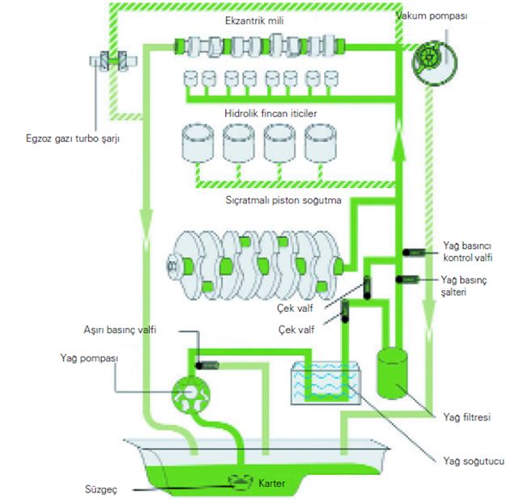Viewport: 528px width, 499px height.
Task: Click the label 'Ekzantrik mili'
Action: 254,21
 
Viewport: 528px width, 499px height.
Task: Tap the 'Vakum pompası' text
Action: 432,16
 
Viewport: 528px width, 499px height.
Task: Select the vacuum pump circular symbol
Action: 435,62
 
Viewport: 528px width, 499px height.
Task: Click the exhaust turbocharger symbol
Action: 113,61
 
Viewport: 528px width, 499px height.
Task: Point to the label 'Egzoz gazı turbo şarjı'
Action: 73,139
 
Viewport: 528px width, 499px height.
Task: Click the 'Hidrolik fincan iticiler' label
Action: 270,113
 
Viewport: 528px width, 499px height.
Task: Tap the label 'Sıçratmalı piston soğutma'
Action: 283,200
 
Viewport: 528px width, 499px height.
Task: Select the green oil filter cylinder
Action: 392,373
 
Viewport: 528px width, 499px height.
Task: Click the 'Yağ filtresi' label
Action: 466,417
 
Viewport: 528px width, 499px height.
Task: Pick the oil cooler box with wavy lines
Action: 326,383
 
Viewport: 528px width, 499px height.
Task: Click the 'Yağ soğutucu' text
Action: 474,461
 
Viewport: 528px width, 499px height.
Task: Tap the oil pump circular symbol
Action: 191,395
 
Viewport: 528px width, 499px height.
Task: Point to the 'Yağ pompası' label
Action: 89,358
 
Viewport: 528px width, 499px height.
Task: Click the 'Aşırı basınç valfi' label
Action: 120,330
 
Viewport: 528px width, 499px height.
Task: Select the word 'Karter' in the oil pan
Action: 271,483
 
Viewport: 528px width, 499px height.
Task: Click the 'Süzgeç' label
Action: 101,489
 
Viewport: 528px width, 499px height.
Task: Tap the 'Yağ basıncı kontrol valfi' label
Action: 467,252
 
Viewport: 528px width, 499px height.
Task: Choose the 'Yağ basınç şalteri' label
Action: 464,286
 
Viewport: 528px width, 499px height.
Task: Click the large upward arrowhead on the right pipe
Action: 399,145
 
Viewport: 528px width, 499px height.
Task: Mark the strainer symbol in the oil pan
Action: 241,481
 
